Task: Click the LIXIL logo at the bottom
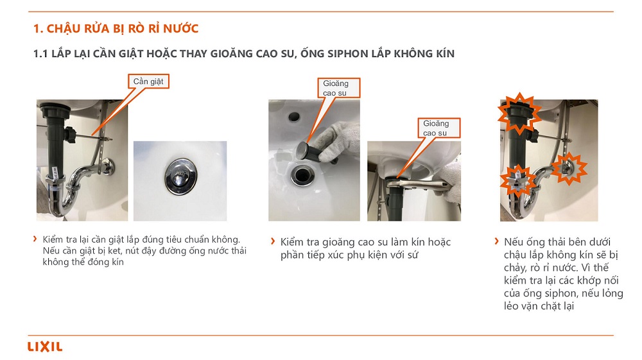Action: pyautogui.click(x=45, y=347)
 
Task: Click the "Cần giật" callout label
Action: pyautogui.click(x=148, y=81)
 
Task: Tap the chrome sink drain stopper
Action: pyautogui.click(x=180, y=176)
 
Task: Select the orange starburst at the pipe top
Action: pyautogui.click(x=519, y=114)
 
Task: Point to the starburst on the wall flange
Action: pyautogui.click(x=569, y=168)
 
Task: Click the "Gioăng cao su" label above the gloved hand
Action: pyautogui.click(x=339, y=88)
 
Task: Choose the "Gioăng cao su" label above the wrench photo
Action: pyautogui.click(x=439, y=128)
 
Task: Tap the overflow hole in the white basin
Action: pyautogui.click(x=294, y=117)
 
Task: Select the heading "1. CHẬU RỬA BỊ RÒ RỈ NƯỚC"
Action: pyautogui.click(x=116, y=29)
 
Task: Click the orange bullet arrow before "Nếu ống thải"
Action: pyautogui.click(x=497, y=241)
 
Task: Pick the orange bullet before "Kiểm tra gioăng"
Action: pyautogui.click(x=273, y=241)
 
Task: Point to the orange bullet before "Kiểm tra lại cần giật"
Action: pyautogui.click(x=35, y=239)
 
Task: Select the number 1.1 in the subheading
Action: pyautogui.click(x=40, y=54)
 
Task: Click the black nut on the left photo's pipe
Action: pyautogui.click(x=69, y=135)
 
